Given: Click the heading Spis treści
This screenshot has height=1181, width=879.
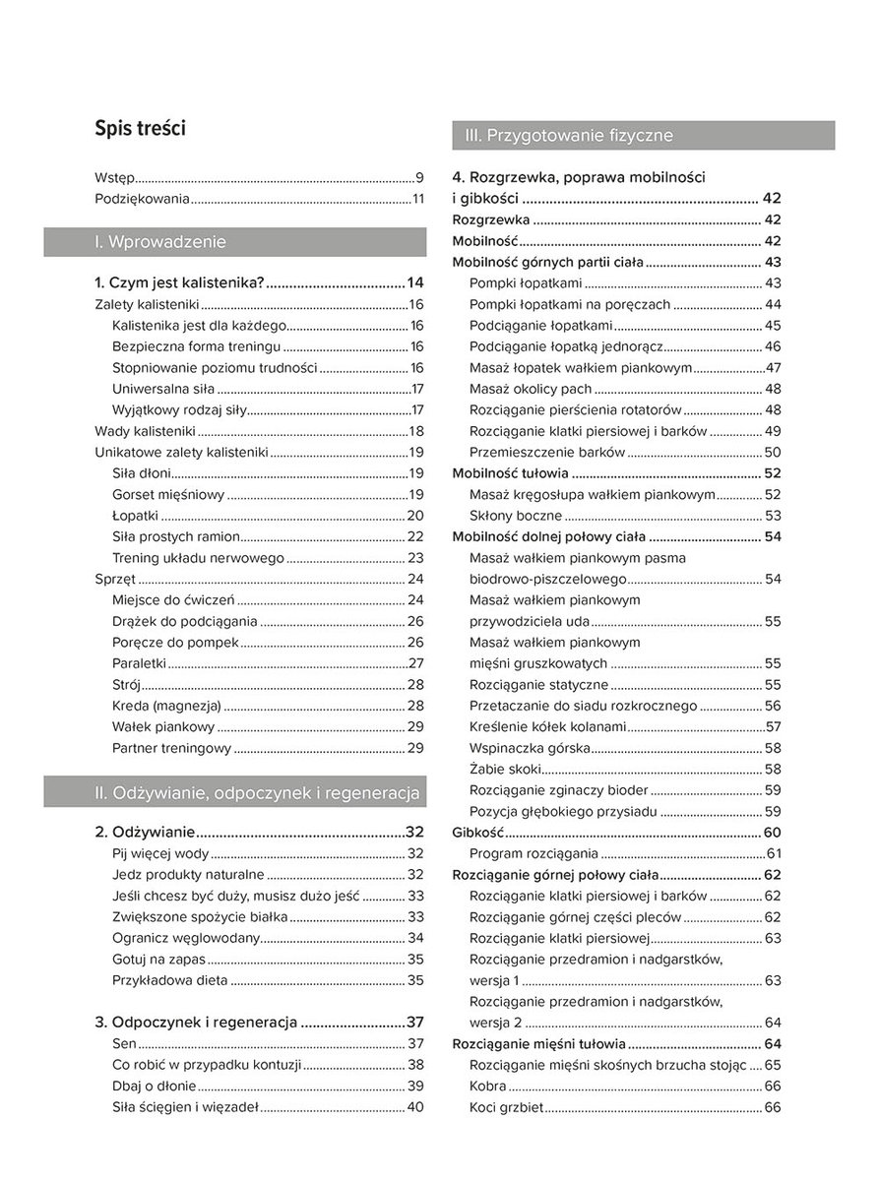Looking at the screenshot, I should tap(140, 128).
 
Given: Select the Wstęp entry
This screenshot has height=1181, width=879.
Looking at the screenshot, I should tap(114, 178).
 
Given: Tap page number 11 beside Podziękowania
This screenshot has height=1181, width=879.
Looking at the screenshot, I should tap(417, 200).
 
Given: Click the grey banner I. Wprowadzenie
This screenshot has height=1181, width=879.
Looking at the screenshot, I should tap(235, 242).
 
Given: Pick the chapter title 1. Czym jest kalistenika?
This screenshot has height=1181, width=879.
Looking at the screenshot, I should tap(180, 282).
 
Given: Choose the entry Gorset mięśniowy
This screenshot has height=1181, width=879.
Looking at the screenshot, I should tap(169, 494).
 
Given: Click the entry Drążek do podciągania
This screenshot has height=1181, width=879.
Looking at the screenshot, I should tap(185, 621).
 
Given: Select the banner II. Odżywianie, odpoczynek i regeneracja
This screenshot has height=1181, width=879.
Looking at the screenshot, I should tap(235, 790).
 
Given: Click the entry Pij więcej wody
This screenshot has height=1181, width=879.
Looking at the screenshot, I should tap(160, 853).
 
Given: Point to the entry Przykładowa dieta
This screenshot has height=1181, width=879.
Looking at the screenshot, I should tap(170, 980).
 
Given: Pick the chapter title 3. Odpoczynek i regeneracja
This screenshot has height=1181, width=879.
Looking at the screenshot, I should tap(196, 1022).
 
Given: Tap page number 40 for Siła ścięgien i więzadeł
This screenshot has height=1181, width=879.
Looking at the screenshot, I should tap(415, 1107).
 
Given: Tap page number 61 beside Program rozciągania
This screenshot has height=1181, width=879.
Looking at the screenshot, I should tap(773, 853).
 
